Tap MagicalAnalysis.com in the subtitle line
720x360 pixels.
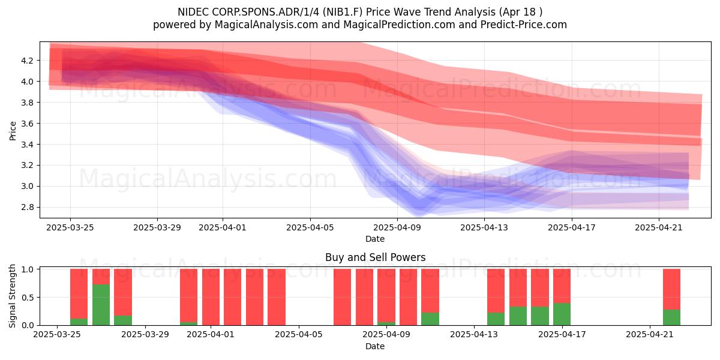[x=266, y=25]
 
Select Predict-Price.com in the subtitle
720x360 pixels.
[x=524, y=25]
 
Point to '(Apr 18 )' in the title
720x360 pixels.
[x=520, y=12]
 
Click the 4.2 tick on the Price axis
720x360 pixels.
[x=28, y=61]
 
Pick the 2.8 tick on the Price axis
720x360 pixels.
[x=28, y=207]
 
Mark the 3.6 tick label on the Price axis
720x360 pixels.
[x=28, y=124]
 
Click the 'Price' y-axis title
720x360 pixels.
[x=13, y=131]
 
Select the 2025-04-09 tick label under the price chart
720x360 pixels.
[x=397, y=227]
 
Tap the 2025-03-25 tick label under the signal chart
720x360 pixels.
[x=57, y=335]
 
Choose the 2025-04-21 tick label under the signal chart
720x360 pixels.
[x=650, y=335]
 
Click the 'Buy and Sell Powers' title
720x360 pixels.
[x=376, y=257]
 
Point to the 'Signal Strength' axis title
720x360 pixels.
[x=12, y=296]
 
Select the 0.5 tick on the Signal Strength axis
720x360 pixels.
[x=28, y=298]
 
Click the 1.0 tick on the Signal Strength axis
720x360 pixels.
[x=28, y=269]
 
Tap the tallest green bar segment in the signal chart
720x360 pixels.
[x=101, y=305]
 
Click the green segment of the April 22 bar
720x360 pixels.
[x=672, y=317]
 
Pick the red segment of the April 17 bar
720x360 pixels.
[x=562, y=286]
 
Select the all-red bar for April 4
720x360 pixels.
[x=277, y=297]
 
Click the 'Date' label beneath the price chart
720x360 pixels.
[x=375, y=239]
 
